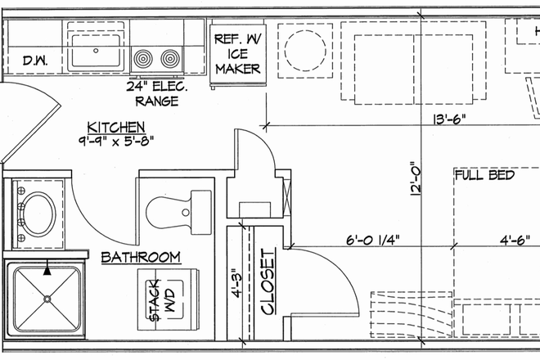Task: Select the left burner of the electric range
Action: (145, 58)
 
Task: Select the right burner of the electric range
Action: (169, 58)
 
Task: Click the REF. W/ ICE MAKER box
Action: (237, 53)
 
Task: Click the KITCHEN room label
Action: (117, 128)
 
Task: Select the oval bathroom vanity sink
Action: (38, 211)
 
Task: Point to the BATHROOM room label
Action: (140, 258)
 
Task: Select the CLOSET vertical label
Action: (266, 282)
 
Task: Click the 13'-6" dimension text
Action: (449, 119)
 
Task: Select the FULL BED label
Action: (484, 175)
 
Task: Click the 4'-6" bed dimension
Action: (517, 240)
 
